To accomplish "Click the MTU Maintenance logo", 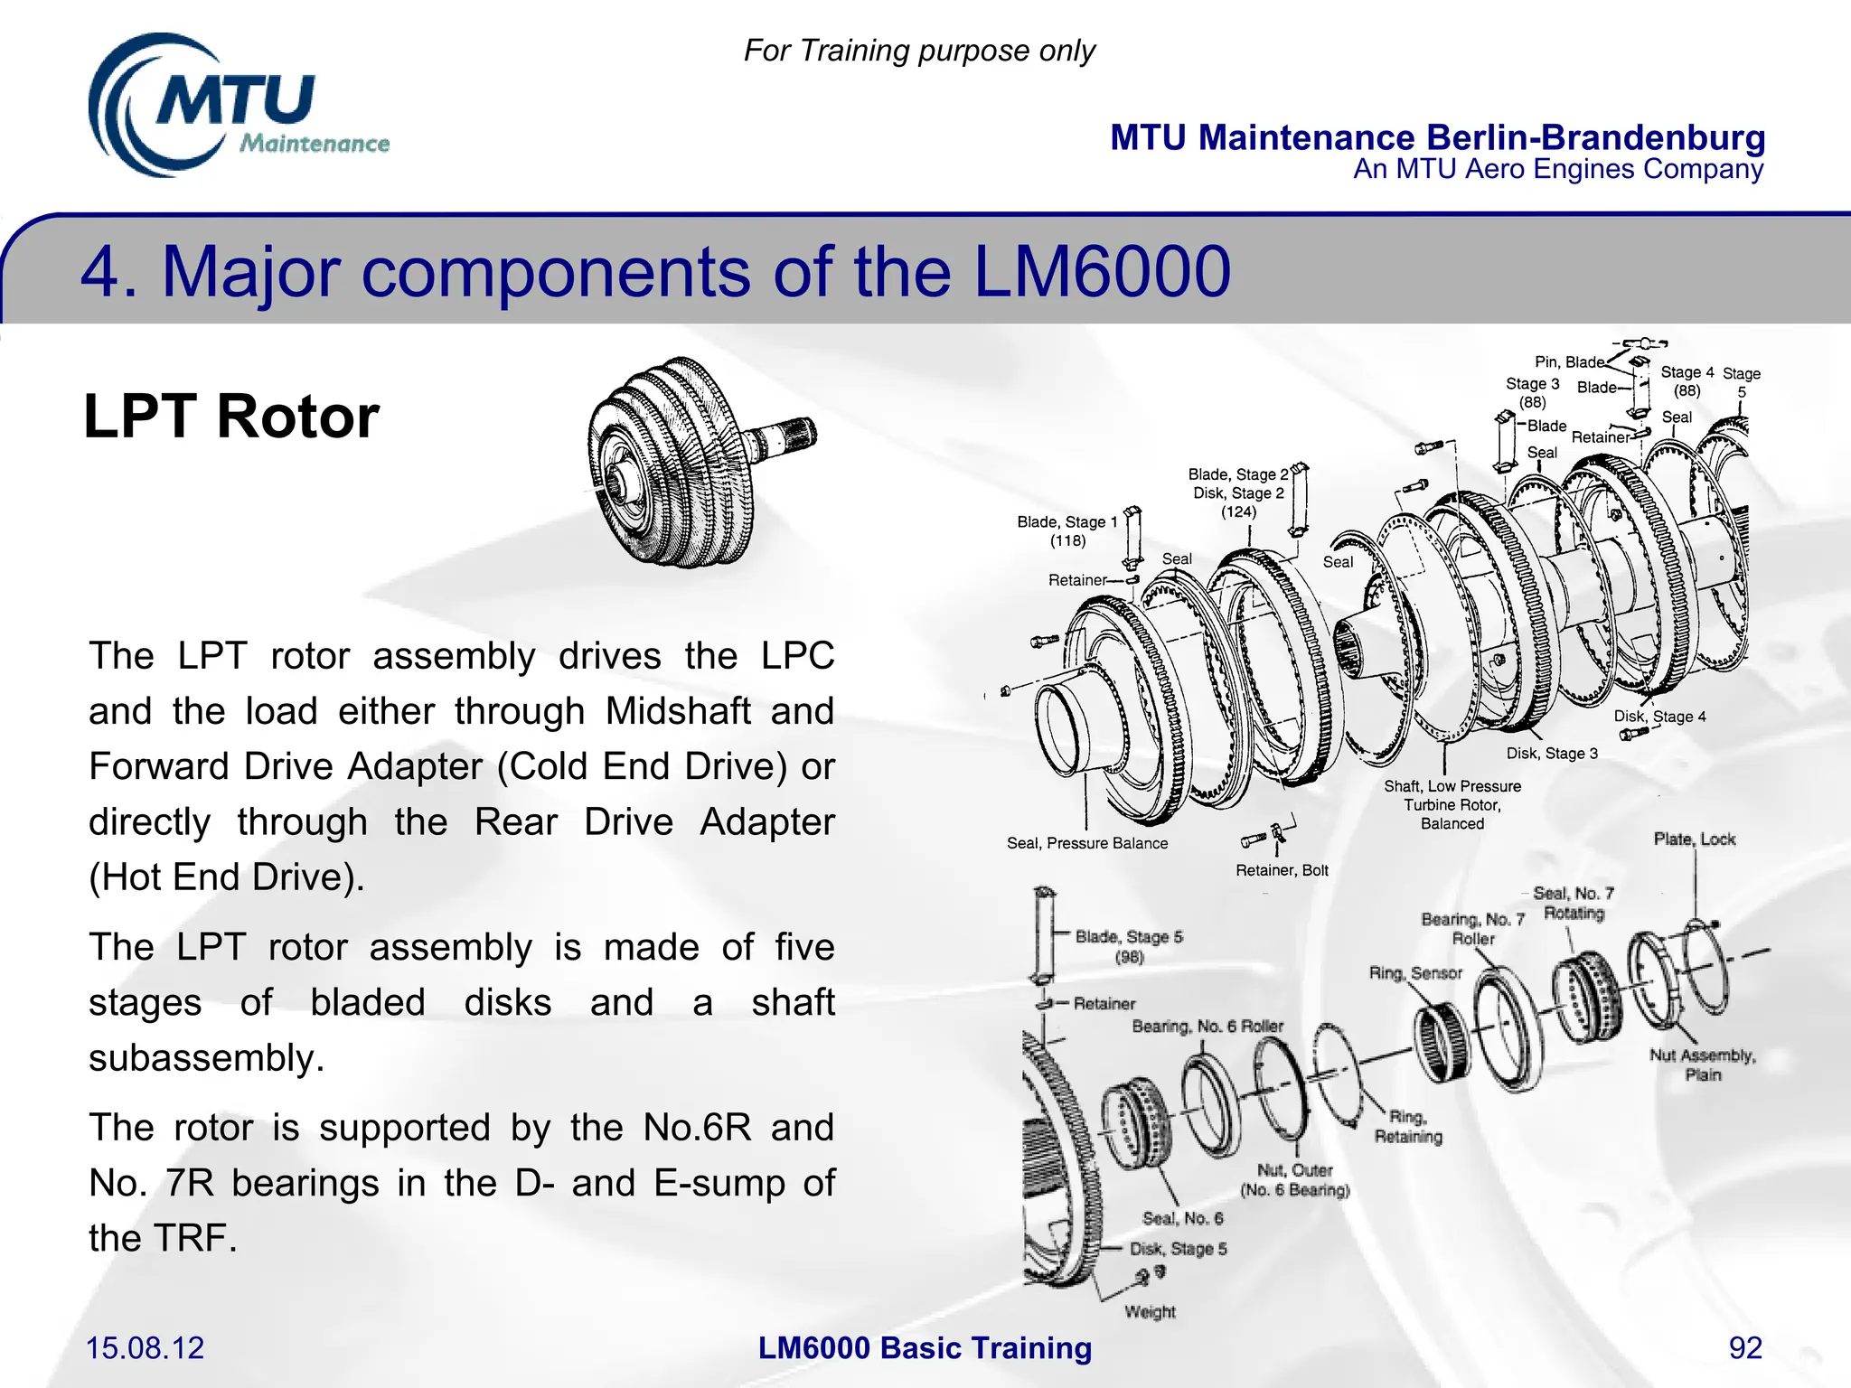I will click(237, 107).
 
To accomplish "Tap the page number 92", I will click(1744, 1347).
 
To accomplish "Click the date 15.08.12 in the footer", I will click(145, 1347).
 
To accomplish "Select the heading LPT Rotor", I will click(231, 417).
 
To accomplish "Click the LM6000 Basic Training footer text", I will click(925, 1347).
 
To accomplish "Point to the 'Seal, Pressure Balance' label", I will click(1086, 843).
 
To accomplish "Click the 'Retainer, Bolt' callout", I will click(1281, 870).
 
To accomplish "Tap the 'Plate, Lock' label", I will click(1694, 839).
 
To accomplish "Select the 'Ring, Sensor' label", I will click(1414, 973).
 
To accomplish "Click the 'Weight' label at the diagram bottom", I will click(1150, 1311).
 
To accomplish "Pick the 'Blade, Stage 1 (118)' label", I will click(1067, 531).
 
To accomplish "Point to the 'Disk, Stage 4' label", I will click(1659, 717).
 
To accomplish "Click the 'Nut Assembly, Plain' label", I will click(1702, 1064).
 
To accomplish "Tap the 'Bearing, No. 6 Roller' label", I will click(1207, 1027).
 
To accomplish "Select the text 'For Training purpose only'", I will click(919, 51).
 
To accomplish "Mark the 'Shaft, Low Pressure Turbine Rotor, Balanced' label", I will click(1452, 804).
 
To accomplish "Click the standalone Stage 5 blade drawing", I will click(1044, 936).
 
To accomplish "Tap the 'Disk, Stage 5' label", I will click(1178, 1249).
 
